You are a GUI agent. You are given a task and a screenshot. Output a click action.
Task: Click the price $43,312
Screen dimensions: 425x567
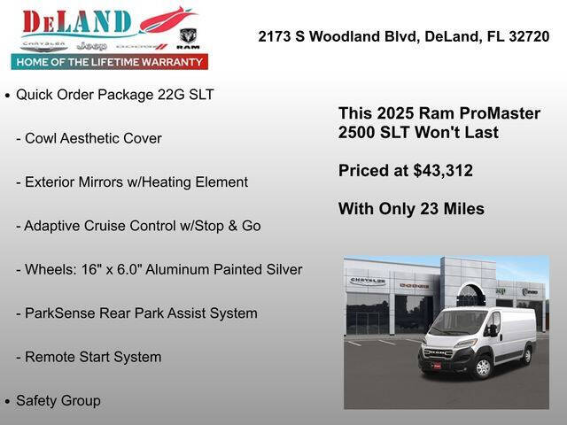coord(443,171)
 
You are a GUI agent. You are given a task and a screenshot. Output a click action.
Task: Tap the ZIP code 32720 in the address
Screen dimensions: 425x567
coord(530,37)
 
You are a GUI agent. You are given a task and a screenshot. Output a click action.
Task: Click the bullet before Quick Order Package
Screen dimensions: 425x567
coord(8,96)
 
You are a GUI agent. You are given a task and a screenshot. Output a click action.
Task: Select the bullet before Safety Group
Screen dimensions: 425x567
coord(8,402)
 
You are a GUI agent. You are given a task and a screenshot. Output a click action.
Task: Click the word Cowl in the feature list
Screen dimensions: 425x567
coord(41,139)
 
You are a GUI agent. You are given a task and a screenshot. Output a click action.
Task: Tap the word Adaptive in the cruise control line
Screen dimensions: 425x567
coord(53,226)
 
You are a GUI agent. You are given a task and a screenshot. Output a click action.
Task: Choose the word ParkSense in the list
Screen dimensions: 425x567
coord(58,313)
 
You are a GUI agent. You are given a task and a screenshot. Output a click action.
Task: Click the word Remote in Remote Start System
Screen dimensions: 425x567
coord(49,357)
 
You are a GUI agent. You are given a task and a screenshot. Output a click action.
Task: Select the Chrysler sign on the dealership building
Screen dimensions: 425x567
coord(368,281)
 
